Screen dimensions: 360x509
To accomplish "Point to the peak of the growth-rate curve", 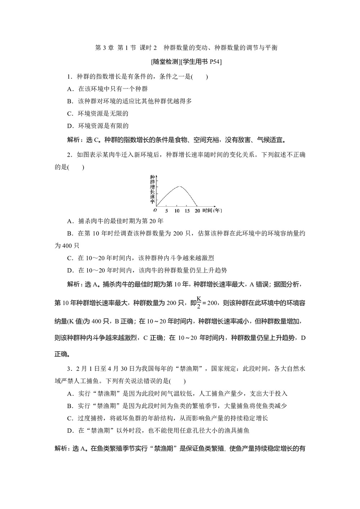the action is [180, 186].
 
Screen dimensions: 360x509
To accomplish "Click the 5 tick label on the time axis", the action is [166, 211].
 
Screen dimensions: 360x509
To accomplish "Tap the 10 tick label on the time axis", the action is [177, 211].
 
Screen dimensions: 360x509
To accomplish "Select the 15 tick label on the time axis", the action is [187, 211].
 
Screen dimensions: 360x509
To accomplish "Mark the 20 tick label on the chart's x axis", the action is [197, 211].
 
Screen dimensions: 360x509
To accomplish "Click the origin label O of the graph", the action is [155, 210].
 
